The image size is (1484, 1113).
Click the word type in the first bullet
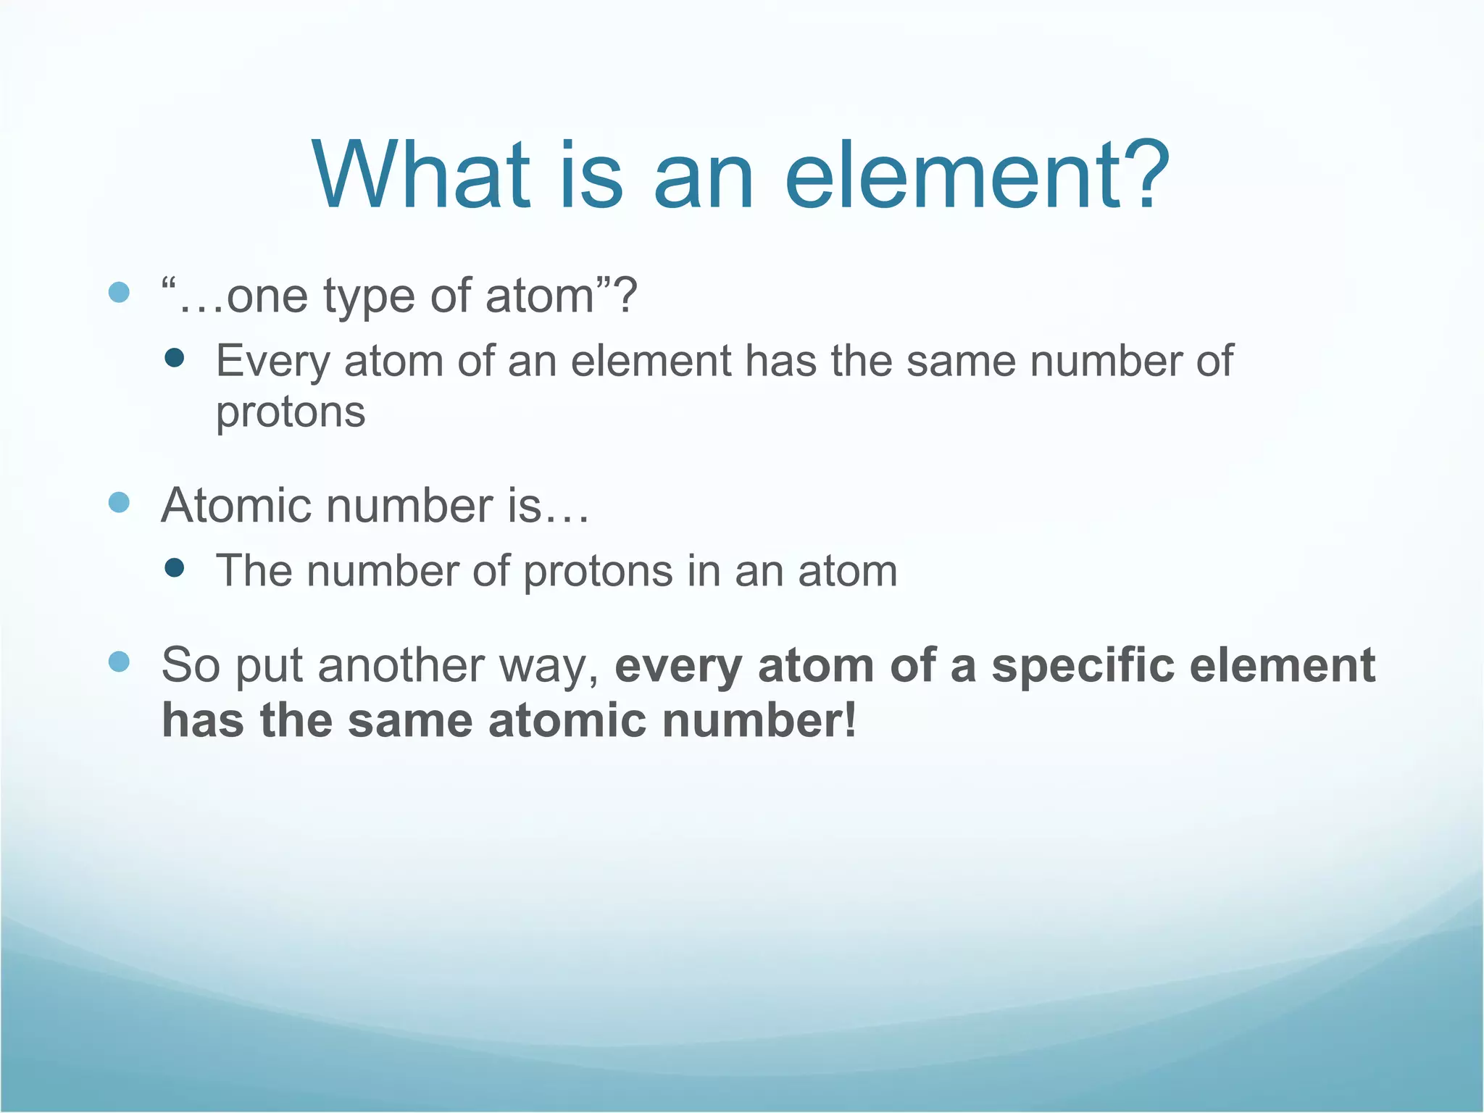click(370, 297)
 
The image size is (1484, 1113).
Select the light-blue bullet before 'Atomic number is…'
click(119, 502)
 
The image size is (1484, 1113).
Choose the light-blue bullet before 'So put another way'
click(119, 661)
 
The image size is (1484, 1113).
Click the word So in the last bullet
click(191, 665)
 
